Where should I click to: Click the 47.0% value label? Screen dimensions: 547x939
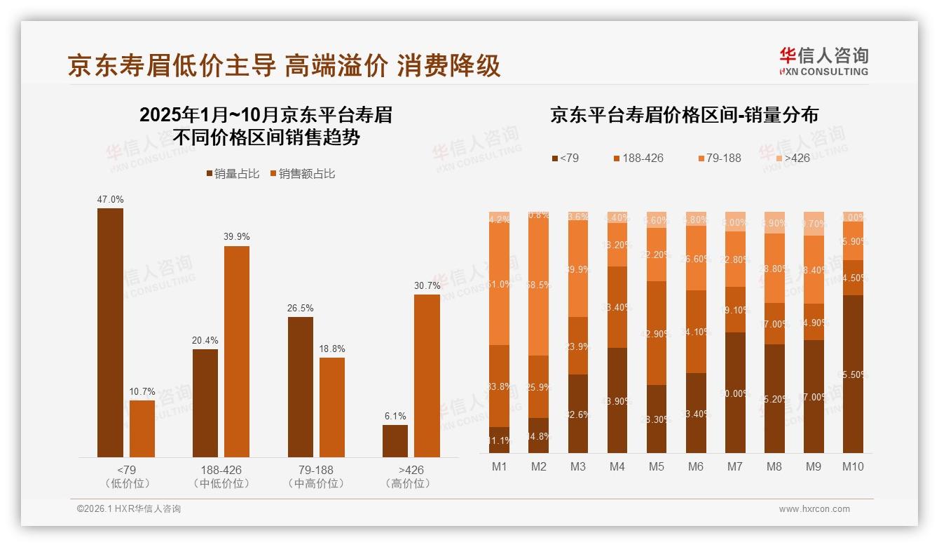(110, 200)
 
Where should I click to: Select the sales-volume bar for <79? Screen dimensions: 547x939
(110, 333)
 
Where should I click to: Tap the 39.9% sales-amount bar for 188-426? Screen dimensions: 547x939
(237, 351)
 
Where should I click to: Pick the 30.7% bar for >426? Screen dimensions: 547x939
(427, 376)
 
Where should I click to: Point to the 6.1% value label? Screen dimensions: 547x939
(395, 416)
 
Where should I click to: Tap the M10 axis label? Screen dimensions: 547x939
(853, 466)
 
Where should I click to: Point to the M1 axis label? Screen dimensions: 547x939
(499, 466)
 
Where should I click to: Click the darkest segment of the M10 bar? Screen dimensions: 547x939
(853, 374)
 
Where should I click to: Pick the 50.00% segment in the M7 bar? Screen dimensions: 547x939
(736, 393)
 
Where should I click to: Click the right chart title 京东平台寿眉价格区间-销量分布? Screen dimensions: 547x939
(684, 116)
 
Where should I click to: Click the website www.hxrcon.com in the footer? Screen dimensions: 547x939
(814, 509)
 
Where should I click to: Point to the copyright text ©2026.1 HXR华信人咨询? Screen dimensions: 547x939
(129, 509)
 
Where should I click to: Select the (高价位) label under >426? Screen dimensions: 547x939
(408, 483)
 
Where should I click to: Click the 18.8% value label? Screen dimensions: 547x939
(332, 349)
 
